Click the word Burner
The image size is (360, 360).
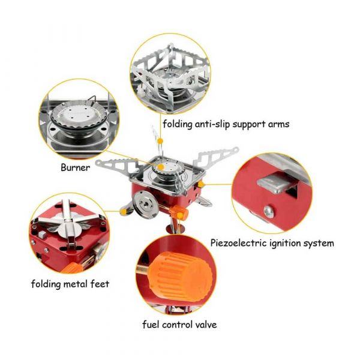(76, 167)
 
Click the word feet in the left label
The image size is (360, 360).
(100, 284)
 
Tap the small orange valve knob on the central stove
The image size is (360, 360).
(179, 212)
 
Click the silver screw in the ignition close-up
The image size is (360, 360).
(269, 211)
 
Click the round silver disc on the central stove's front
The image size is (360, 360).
(145, 204)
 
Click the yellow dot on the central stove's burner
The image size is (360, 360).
(161, 166)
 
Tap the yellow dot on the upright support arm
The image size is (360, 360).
(161, 140)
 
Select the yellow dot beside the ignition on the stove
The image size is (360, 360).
(201, 184)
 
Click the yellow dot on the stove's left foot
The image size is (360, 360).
(124, 212)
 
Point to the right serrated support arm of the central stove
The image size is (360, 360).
(216, 158)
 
